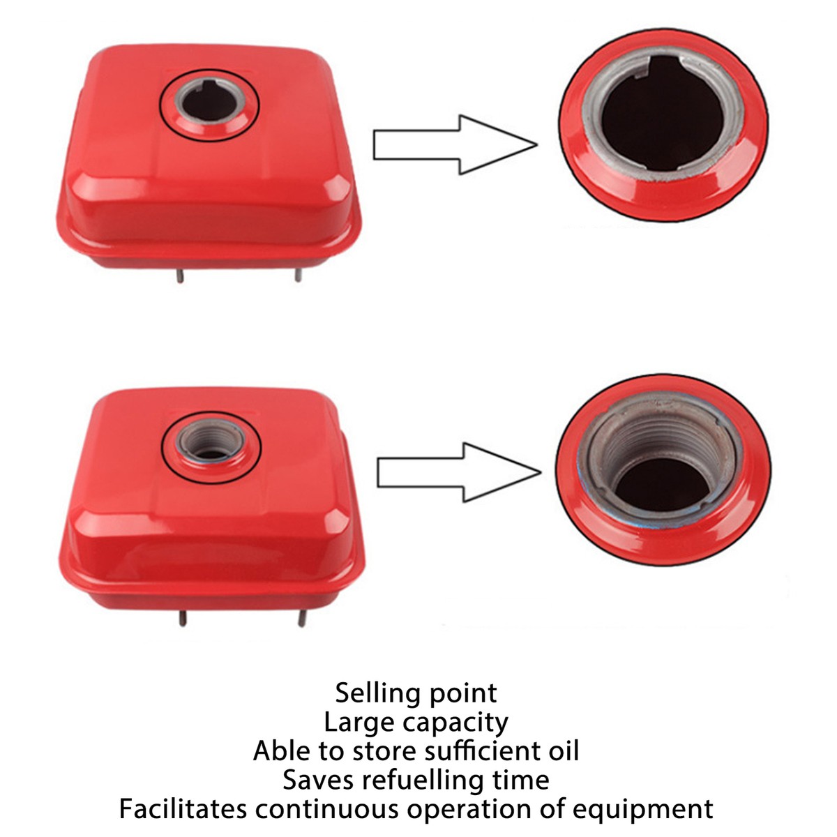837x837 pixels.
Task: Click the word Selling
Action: (378, 693)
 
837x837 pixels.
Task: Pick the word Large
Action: (357, 723)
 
